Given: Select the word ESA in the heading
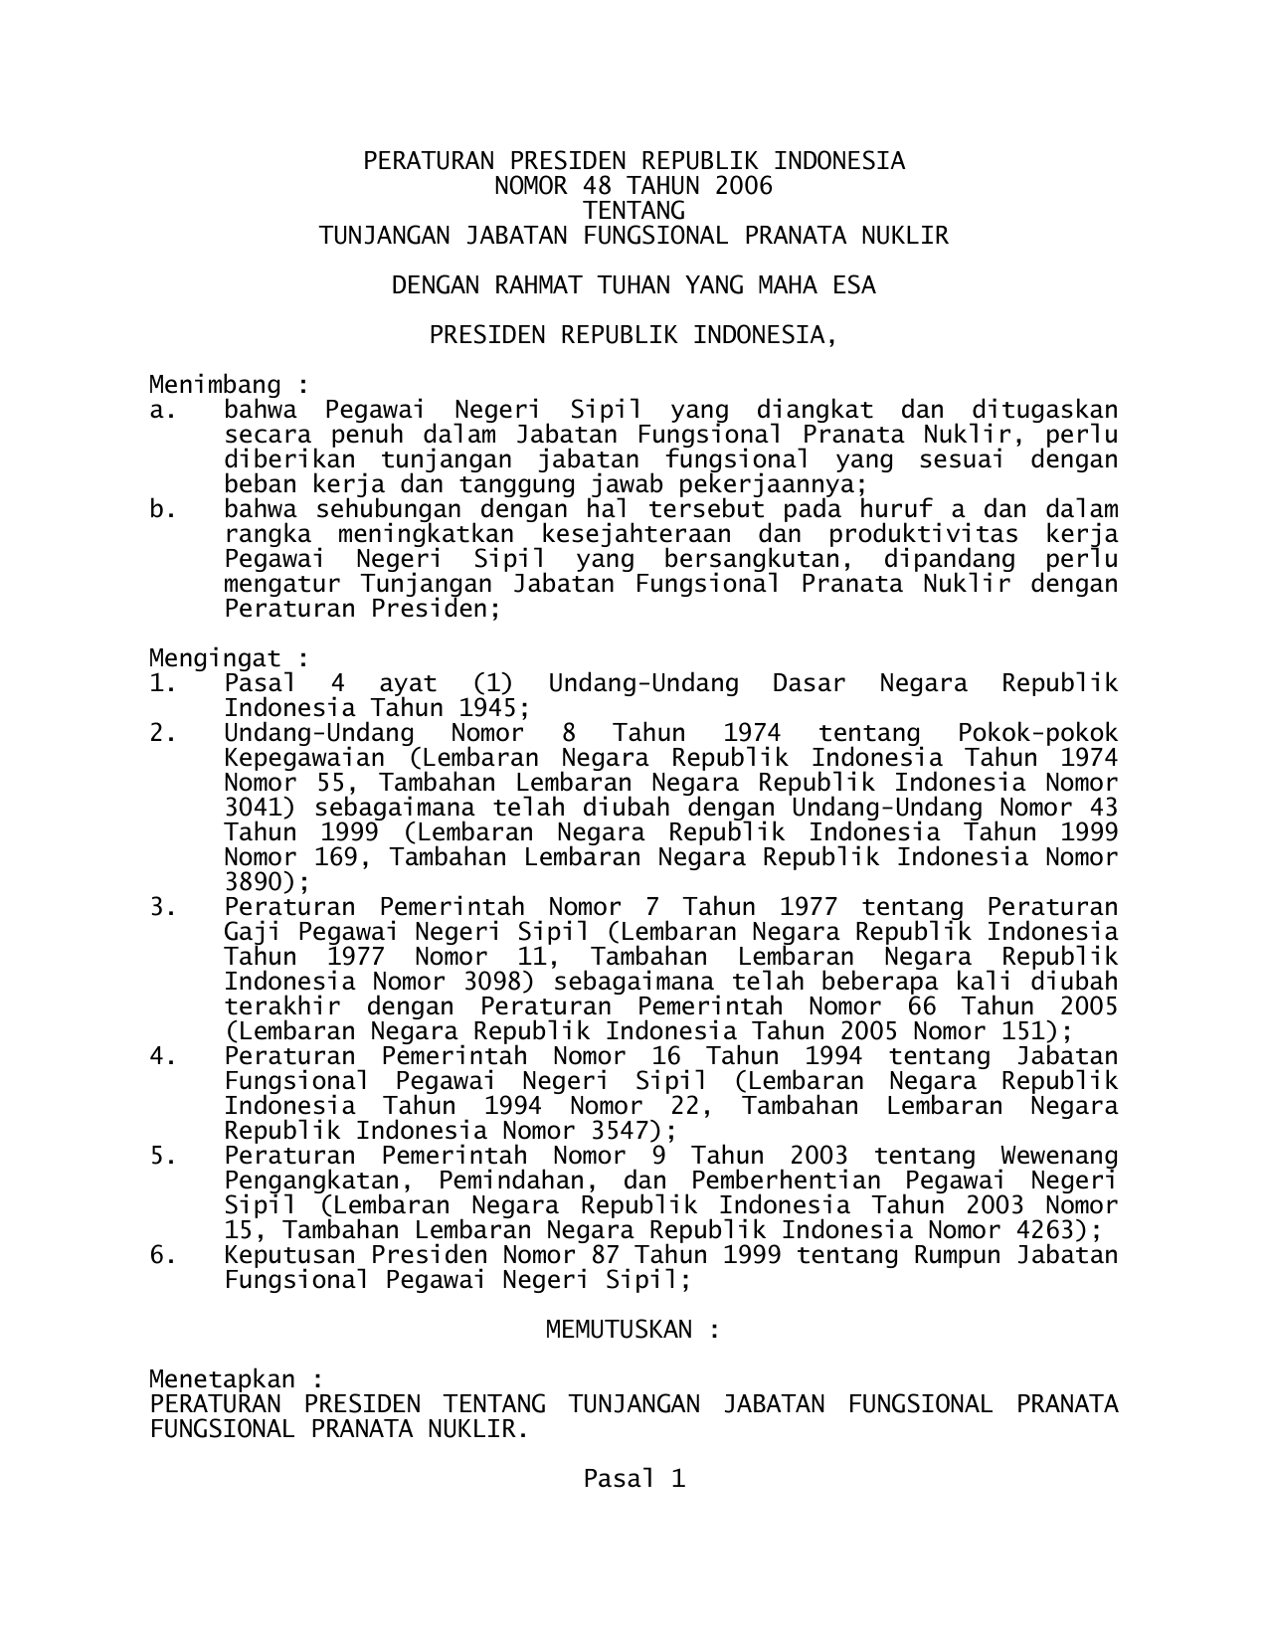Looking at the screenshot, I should coord(854,285).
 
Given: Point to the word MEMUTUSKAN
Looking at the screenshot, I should coord(619,1330).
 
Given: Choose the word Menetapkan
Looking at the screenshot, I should coord(222,1379).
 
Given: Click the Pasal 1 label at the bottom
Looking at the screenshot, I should coord(634,1479).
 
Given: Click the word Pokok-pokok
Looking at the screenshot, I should coord(1037,733).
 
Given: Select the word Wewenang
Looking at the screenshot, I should coord(1059,1156).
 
